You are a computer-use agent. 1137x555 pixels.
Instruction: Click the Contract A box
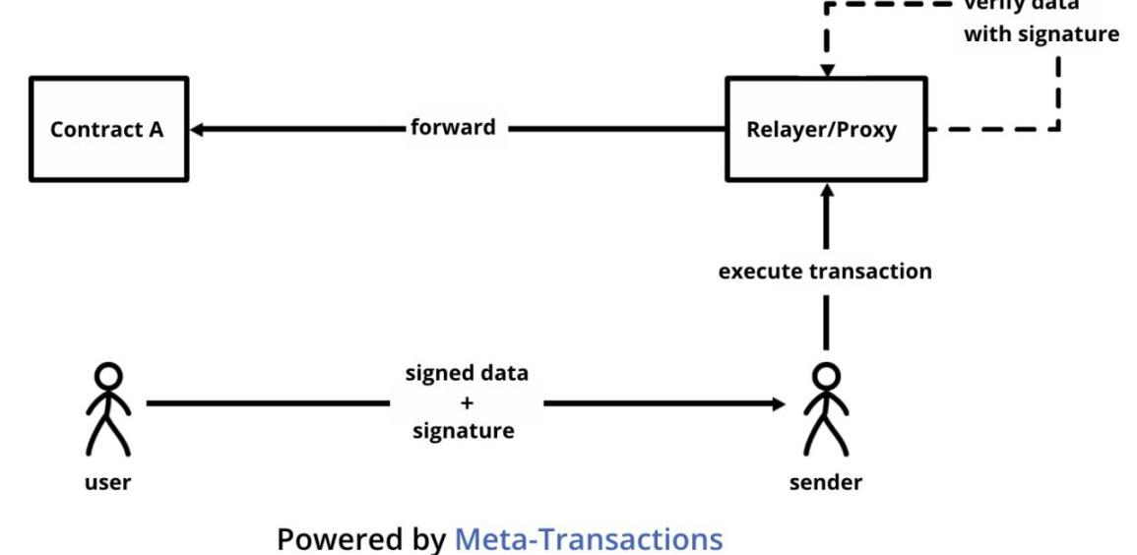107,129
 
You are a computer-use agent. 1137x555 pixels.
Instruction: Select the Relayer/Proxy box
826,129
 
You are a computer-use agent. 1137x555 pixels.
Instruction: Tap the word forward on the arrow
453,128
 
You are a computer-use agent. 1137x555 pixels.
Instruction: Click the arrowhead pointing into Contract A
198,129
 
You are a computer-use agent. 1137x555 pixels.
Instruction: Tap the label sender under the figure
826,482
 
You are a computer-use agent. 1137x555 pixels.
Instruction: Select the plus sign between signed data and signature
467,402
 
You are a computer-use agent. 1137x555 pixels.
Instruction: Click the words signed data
467,374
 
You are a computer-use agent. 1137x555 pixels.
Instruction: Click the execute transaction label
825,272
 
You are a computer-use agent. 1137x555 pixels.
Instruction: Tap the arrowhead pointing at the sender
779,403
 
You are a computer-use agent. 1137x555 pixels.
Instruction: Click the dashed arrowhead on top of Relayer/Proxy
827,70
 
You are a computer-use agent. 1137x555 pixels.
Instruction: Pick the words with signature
1042,34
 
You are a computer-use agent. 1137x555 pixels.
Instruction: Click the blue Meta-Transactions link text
588,539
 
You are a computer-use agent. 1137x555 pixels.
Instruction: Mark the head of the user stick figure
109,375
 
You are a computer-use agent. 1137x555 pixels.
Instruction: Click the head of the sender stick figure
826,375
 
